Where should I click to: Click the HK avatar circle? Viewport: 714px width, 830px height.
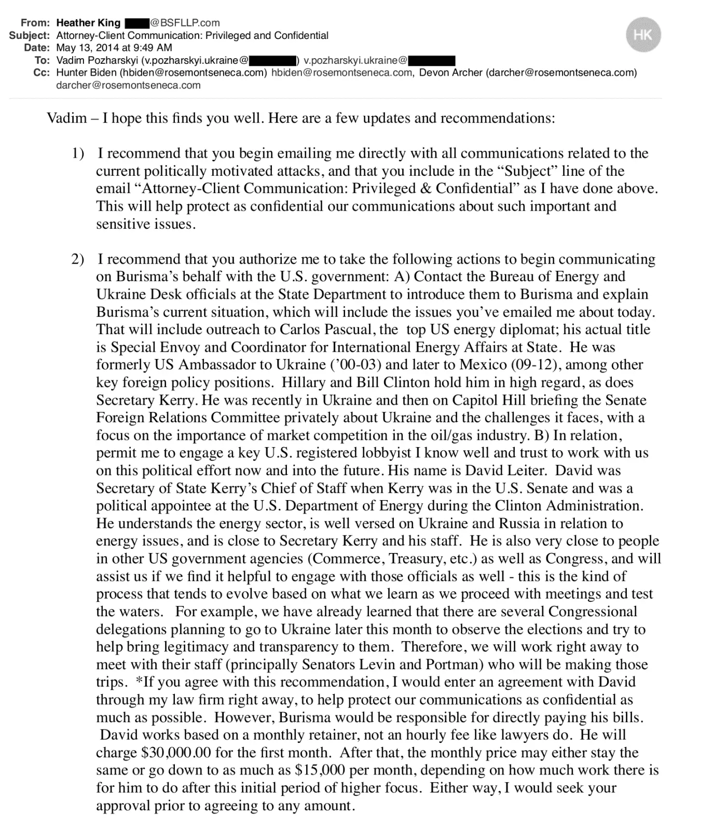point(643,35)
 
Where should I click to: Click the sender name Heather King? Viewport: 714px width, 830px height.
point(88,23)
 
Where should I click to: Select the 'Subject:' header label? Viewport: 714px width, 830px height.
point(30,35)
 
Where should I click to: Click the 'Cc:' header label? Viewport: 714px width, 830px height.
point(42,73)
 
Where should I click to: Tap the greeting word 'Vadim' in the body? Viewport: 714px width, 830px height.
point(67,118)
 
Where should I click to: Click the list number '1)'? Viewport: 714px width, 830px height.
point(78,154)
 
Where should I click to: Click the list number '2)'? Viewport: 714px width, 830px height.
point(78,259)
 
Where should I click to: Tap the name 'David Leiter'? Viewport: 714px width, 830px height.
point(505,471)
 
